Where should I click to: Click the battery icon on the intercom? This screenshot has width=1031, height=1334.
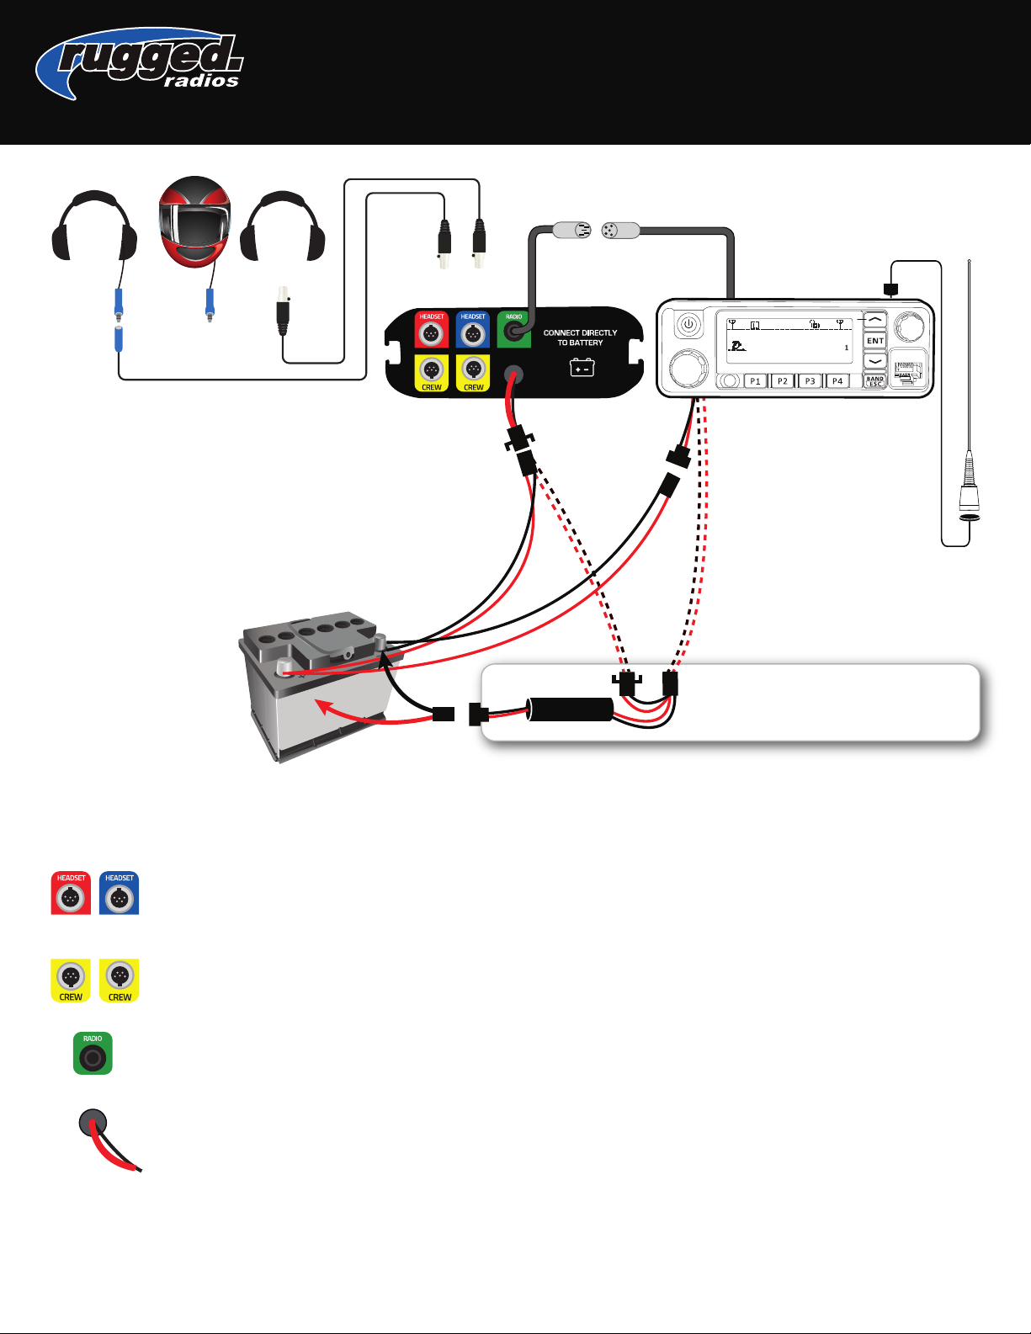point(582,368)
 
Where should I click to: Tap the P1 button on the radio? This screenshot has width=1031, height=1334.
point(755,381)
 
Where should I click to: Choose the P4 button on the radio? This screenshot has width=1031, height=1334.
point(837,381)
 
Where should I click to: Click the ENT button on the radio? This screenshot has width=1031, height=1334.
point(875,341)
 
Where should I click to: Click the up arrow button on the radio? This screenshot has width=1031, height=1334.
point(875,321)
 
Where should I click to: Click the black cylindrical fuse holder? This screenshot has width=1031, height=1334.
point(570,710)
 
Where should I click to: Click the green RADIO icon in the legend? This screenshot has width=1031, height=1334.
point(93,1054)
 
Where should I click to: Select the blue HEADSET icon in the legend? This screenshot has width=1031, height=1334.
point(120,894)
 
